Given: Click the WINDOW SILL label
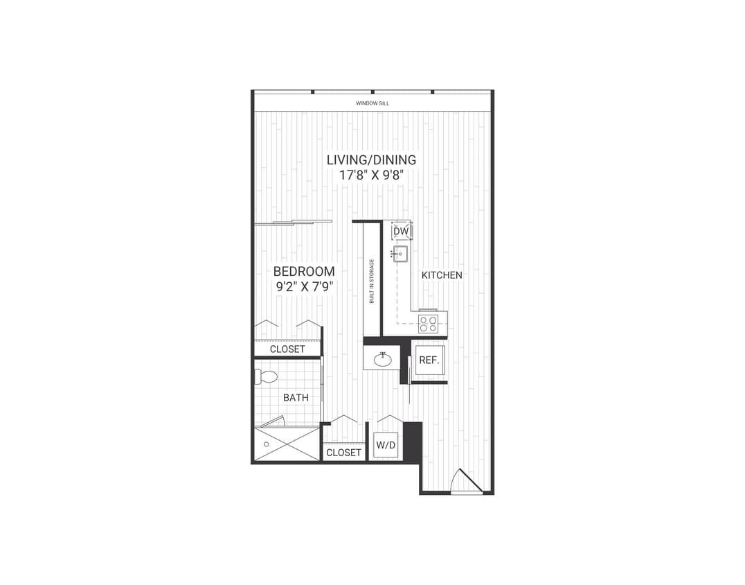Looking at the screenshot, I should pyautogui.click(x=372, y=103).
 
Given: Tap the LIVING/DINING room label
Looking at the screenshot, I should pyautogui.click(x=372, y=160).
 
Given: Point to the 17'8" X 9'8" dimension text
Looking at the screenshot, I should pyautogui.click(x=372, y=175).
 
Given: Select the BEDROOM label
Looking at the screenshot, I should pyautogui.click(x=304, y=272).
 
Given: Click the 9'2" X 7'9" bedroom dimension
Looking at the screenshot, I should pyautogui.click(x=304, y=286).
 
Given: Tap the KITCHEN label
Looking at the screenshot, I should pyautogui.click(x=442, y=275).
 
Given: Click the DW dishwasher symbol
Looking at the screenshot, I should pyautogui.click(x=401, y=231).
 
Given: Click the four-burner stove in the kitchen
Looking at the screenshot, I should pyautogui.click(x=428, y=323).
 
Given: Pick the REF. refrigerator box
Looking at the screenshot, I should pyautogui.click(x=429, y=360).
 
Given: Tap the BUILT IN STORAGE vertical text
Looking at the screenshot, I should pyautogui.click(x=372, y=281).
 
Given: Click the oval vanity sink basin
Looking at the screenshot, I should pyautogui.click(x=382, y=360).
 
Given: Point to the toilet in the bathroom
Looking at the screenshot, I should pyautogui.click(x=266, y=377).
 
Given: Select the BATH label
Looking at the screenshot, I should pyautogui.click(x=296, y=398).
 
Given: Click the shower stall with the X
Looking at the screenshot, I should pyautogui.click(x=287, y=444).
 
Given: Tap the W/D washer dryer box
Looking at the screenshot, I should pyautogui.click(x=385, y=445).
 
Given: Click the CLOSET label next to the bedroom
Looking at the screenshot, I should pyautogui.click(x=287, y=349).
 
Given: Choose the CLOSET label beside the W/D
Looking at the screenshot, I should pyautogui.click(x=343, y=453).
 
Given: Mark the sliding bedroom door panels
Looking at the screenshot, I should pyautogui.click(x=294, y=222).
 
